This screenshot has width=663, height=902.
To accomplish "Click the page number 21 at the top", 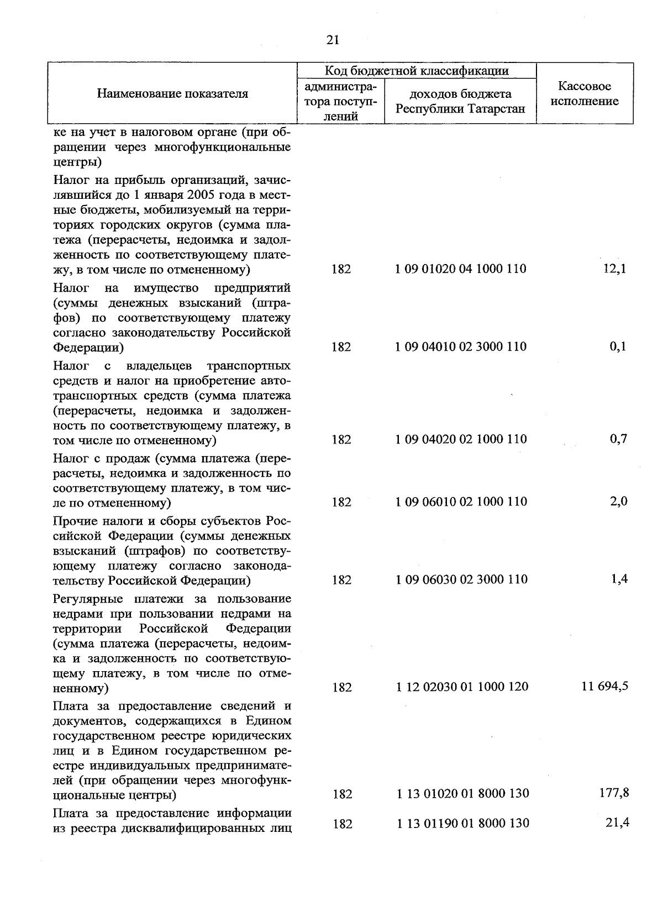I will pyautogui.click(x=333, y=40).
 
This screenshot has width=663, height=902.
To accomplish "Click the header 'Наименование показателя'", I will pyautogui.click(x=172, y=93).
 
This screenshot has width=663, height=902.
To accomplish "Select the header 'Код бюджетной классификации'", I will pyautogui.click(x=417, y=71).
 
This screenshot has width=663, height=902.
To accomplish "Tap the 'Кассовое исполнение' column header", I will pyautogui.click(x=585, y=93).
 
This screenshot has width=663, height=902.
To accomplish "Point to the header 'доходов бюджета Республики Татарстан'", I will pyautogui.click(x=460, y=101).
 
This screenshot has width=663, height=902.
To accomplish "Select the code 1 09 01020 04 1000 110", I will pyautogui.click(x=461, y=269).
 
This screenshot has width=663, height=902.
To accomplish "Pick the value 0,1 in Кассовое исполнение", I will pyautogui.click(x=618, y=347).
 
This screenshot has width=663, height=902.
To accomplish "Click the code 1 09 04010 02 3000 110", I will pyautogui.click(x=461, y=347).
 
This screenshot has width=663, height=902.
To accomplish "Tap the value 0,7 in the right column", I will pyautogui.click(x=618, y=439).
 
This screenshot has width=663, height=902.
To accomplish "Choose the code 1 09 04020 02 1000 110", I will pyautogui.click(x=461, y=439).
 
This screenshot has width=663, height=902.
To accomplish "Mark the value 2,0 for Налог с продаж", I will pyautogui.click(x=618, y=502).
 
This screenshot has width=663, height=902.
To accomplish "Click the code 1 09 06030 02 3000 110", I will pyautogui.click(x=461, y=579).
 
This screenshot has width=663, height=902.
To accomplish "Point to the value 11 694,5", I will pyautogui.click(x=604, y=687).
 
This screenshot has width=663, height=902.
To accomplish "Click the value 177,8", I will pyautogui.click(x=614, y=793).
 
